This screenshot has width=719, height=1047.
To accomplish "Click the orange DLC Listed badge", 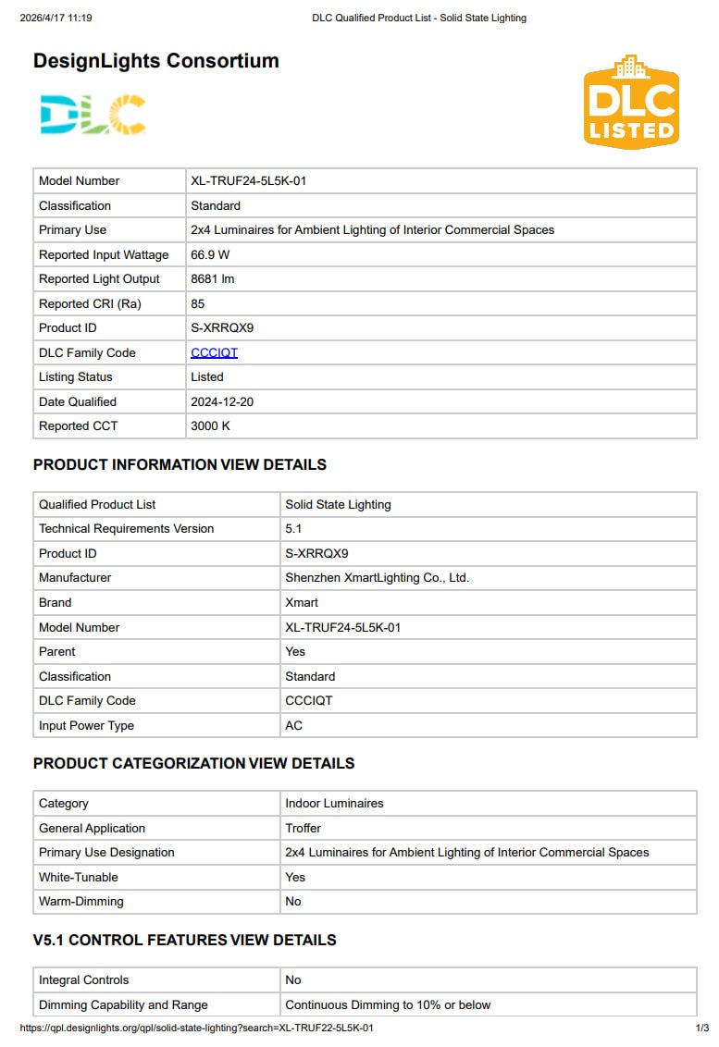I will pos(631,102).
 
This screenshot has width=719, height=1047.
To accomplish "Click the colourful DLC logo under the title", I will pos(93,116).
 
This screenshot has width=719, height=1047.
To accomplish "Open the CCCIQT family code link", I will pos(214,352).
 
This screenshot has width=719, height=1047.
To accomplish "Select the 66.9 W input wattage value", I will pos(210,254).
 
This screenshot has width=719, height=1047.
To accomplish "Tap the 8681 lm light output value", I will pos(212,278).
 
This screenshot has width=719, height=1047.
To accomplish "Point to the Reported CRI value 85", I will pos(198,303).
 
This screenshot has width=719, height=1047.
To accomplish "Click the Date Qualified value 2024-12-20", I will pos(222,401).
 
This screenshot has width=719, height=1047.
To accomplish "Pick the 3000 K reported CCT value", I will pos(210,425).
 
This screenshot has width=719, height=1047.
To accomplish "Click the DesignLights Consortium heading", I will pos(155,61).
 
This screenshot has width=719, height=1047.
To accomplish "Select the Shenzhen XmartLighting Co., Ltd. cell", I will pos(377,577).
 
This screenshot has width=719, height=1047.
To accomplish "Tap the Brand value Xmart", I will pos(302,602).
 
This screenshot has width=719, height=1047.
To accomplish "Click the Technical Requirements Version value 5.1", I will pos(293,528).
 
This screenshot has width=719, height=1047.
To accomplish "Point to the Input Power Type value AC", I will pos(293,725).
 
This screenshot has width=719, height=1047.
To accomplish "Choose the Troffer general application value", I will pos(303,828).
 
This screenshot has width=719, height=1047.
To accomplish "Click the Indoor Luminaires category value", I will pos(334,803).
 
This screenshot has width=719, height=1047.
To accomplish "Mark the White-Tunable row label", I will pos(79,877).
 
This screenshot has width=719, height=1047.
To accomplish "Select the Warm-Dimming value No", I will pos(293,901).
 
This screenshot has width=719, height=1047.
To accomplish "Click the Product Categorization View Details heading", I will pos(193,763).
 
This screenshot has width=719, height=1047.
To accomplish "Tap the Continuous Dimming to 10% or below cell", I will pos(388,1004).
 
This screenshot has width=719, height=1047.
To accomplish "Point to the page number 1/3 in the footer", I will pos(701,1028).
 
